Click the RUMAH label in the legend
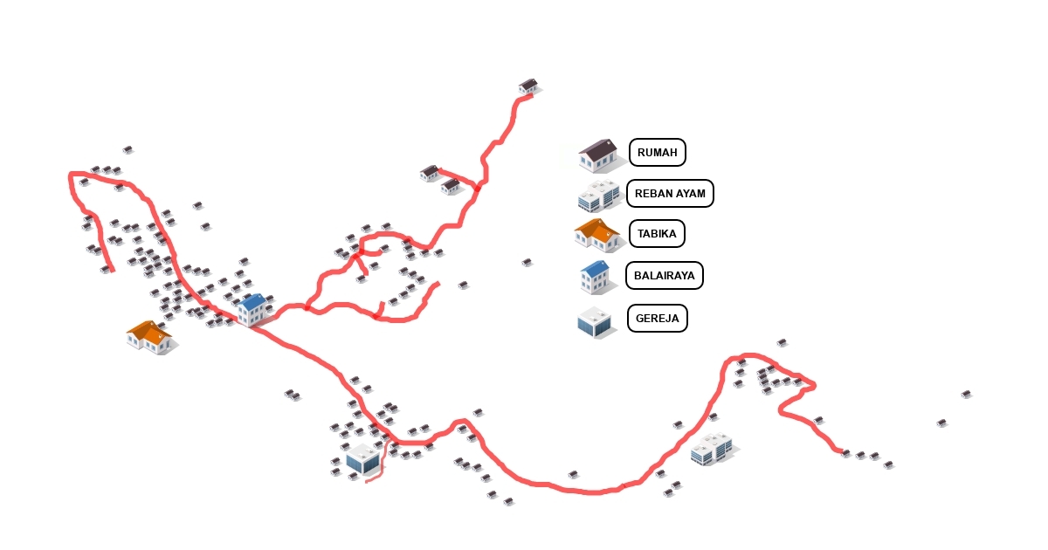[x=657, y=153]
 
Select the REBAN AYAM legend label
[x=670, y=193]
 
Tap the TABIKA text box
[x=657, y=234]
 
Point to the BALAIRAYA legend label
[x=665, y=276]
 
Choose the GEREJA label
[x=657, y=318]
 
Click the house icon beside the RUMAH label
[x=598, y=155]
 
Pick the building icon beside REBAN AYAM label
[x=598, y=195]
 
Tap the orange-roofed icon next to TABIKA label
[x=597, y=235]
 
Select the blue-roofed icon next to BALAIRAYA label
[x=595, y=276]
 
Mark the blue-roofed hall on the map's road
[x=253, y=309]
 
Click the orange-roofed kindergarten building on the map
[x=150, y=336]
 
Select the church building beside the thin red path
[x=361, y=458]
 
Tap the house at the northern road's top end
[x=528, y=86]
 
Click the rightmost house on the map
[x=966, y=394]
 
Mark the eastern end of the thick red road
[x=840, y=451]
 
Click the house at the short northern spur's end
[x=430, y=173]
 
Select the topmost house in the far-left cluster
[x=128, y=149]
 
